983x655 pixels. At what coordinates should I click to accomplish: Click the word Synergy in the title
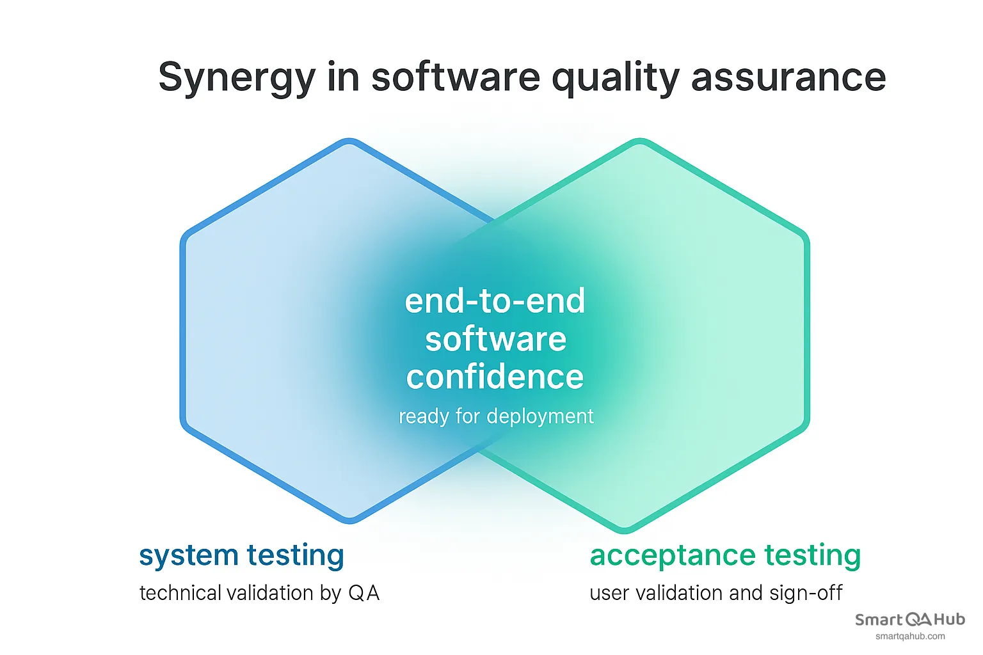coord(236,78)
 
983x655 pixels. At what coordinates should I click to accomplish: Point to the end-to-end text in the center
coord(495,301)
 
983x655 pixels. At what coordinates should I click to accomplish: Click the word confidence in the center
coord(495,377)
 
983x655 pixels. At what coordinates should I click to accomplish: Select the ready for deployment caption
coord(496,416)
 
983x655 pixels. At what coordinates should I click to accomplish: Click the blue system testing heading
coord(241,555)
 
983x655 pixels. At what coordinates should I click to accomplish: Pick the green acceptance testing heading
coord(725,555)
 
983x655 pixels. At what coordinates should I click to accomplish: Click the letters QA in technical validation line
coord(364,593)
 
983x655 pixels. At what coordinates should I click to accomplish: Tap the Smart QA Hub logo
coord(909,619)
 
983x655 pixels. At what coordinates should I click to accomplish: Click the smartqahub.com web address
coord(909,636)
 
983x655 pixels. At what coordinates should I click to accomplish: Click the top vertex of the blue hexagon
coord(349,141)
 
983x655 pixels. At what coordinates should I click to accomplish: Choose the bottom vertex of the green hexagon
coord(625,530)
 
